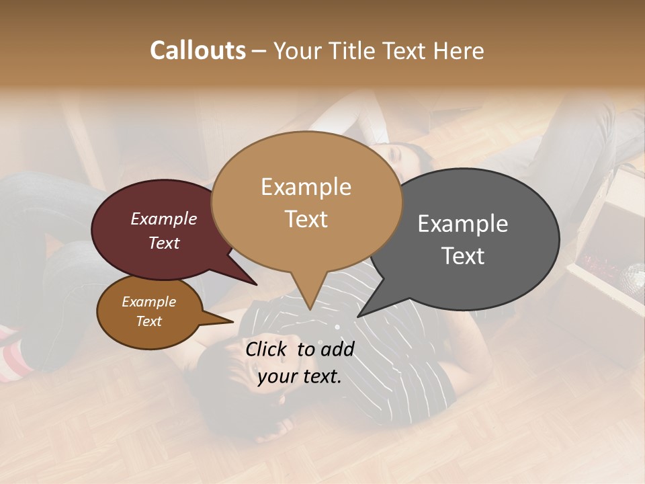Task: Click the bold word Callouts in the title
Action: click(x=198, y=50)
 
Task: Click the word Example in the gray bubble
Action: click(x=462, y=224)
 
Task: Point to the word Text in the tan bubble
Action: click(x=306, y=219)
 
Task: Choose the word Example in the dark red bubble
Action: click(x=163, y=219)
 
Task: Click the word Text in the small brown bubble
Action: click(x=148, y=321)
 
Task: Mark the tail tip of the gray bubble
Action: click(x=359, y=316)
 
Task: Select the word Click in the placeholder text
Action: click(x=267, y=349)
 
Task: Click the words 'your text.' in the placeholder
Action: click(x=299, y=376)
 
